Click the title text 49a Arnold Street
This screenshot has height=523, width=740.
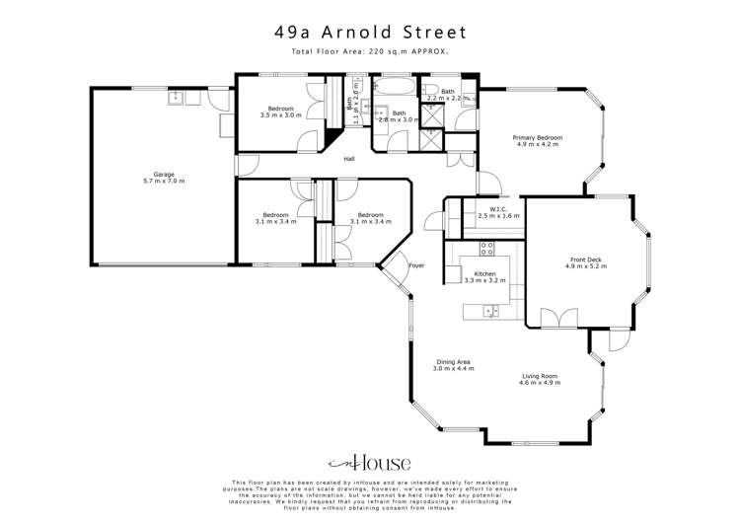coord(370,32)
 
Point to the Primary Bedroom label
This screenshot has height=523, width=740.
coord(537,137)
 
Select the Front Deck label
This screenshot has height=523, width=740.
coord(585,260)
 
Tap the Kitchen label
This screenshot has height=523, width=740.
coord(484,273)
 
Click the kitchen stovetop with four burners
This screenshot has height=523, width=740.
coord(486,247)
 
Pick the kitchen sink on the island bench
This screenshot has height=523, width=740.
coord(489,311)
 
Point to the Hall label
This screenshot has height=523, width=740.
coord(349,160)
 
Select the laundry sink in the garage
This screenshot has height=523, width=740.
coord(178,97)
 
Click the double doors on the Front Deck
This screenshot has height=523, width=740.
coord(567,318)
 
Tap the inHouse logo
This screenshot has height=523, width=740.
coord(369,463)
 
